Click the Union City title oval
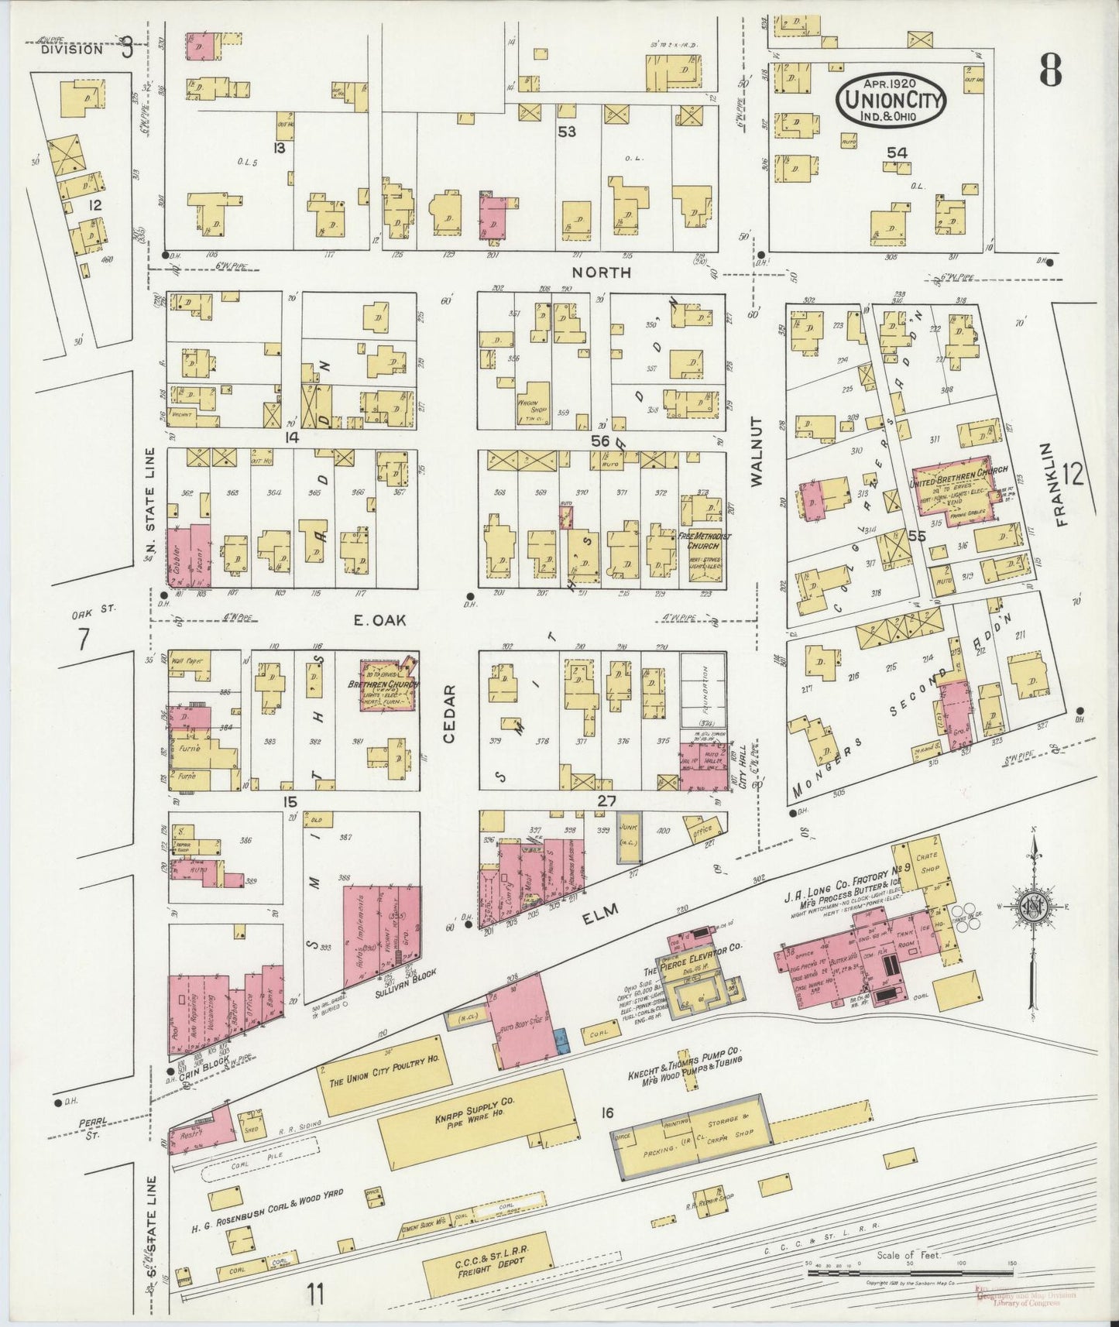(890, 98)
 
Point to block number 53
(567, 132)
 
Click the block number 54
(897, 153)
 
